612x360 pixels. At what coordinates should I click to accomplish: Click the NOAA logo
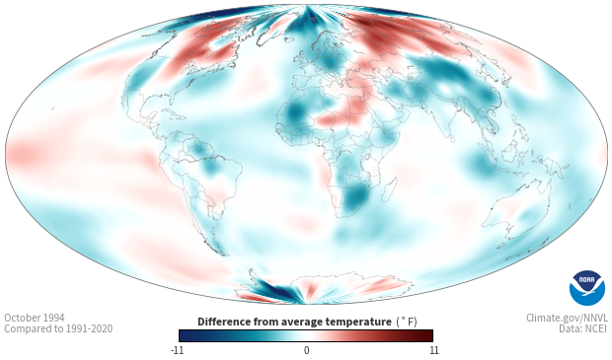586,287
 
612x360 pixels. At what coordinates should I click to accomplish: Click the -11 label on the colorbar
177,350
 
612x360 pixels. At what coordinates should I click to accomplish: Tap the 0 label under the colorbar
306,350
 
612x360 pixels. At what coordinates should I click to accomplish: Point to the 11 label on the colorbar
433,350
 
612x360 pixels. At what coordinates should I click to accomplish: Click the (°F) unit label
407,322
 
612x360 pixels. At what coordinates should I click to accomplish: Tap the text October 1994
35,318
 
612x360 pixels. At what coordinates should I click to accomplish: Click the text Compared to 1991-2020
58,328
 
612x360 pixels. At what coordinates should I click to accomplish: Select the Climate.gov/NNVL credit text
567,318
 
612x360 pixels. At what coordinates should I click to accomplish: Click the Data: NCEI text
583,328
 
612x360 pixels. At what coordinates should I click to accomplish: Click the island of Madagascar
390,189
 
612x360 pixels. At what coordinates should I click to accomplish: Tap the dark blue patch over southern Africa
356,195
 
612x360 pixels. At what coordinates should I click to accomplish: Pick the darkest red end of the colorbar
428,335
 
